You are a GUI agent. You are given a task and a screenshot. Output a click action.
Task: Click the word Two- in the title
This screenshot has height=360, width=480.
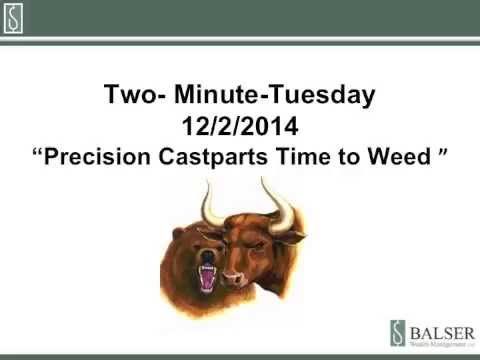click(x=134, y=97)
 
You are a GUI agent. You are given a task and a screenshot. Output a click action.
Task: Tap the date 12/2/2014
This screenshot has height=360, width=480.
click(x=239, y=128)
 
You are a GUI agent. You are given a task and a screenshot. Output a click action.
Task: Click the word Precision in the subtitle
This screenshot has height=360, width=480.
click(x=107, y=159)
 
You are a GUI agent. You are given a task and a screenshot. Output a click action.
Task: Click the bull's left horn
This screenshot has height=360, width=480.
click(x=211, y=203)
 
